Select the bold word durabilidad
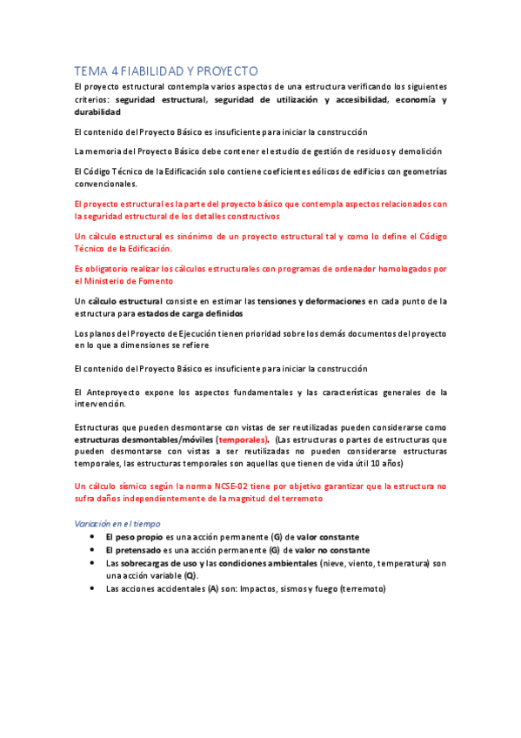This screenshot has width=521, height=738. pos(97,112)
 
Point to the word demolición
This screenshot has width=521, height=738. pos(420,151)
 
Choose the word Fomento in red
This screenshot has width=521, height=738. pos(154,281)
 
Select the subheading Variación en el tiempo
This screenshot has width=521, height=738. pos(120,523)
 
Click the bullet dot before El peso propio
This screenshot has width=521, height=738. pos(92,537)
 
